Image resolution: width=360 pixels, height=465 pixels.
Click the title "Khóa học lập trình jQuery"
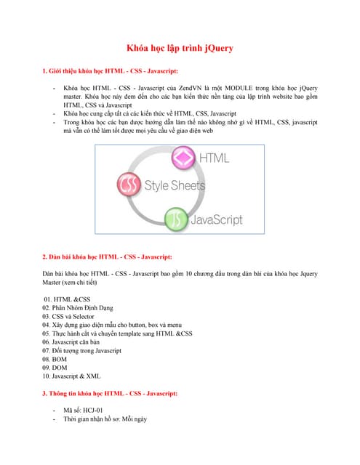180,49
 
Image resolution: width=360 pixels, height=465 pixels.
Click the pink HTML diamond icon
183,158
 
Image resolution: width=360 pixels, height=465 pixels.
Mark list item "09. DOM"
56,368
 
